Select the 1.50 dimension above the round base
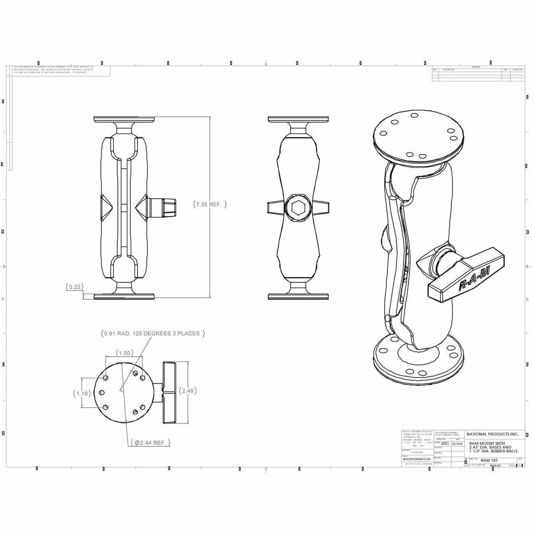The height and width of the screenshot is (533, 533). pos(124,353)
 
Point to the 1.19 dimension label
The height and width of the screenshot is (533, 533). pos(81,393)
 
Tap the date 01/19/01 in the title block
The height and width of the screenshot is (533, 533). pos(457,443)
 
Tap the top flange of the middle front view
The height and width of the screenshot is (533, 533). pos(298,119)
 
